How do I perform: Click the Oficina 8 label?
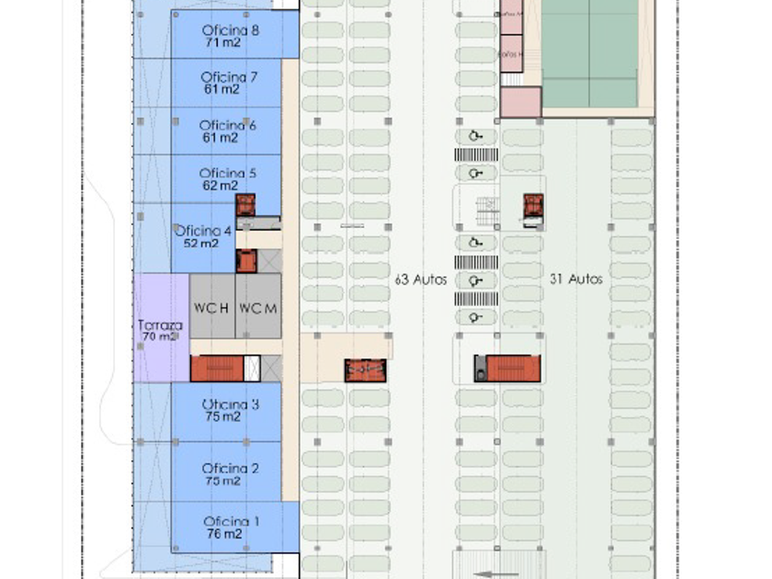pyautogui.click(x=230, y=29)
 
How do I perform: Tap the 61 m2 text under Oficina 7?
pyautogui.click(x=221, y=89)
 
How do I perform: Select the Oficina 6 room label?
pyautogui.click(x=227, y=125)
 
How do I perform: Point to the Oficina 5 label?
pyautogui.click(x=227, y=173)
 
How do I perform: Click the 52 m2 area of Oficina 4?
pyautogui.click(x=201, y=244)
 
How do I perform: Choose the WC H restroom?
pyautogui.click(x=211, y=308)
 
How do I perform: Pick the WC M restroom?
pyautogui.click(x=257, y=308)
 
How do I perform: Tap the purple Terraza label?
pyautogui.click(x=160, y=325)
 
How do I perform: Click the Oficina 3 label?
pyautogui.click(x=230, y=404)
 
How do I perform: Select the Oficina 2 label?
pyautogui.click(x=230, y=469)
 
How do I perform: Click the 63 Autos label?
pyautogui.click(x=420, y=278)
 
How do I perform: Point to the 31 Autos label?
pyautogui.click(x=575, y=278)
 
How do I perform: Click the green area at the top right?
pyautogui.click(x=589, y=53)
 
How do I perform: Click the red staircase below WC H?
pyautogui.click(x=217, y=368)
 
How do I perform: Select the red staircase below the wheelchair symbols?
pyautogui.click(x=513, y=368)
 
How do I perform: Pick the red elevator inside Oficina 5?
pyautogui.click(x=245, y=205)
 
